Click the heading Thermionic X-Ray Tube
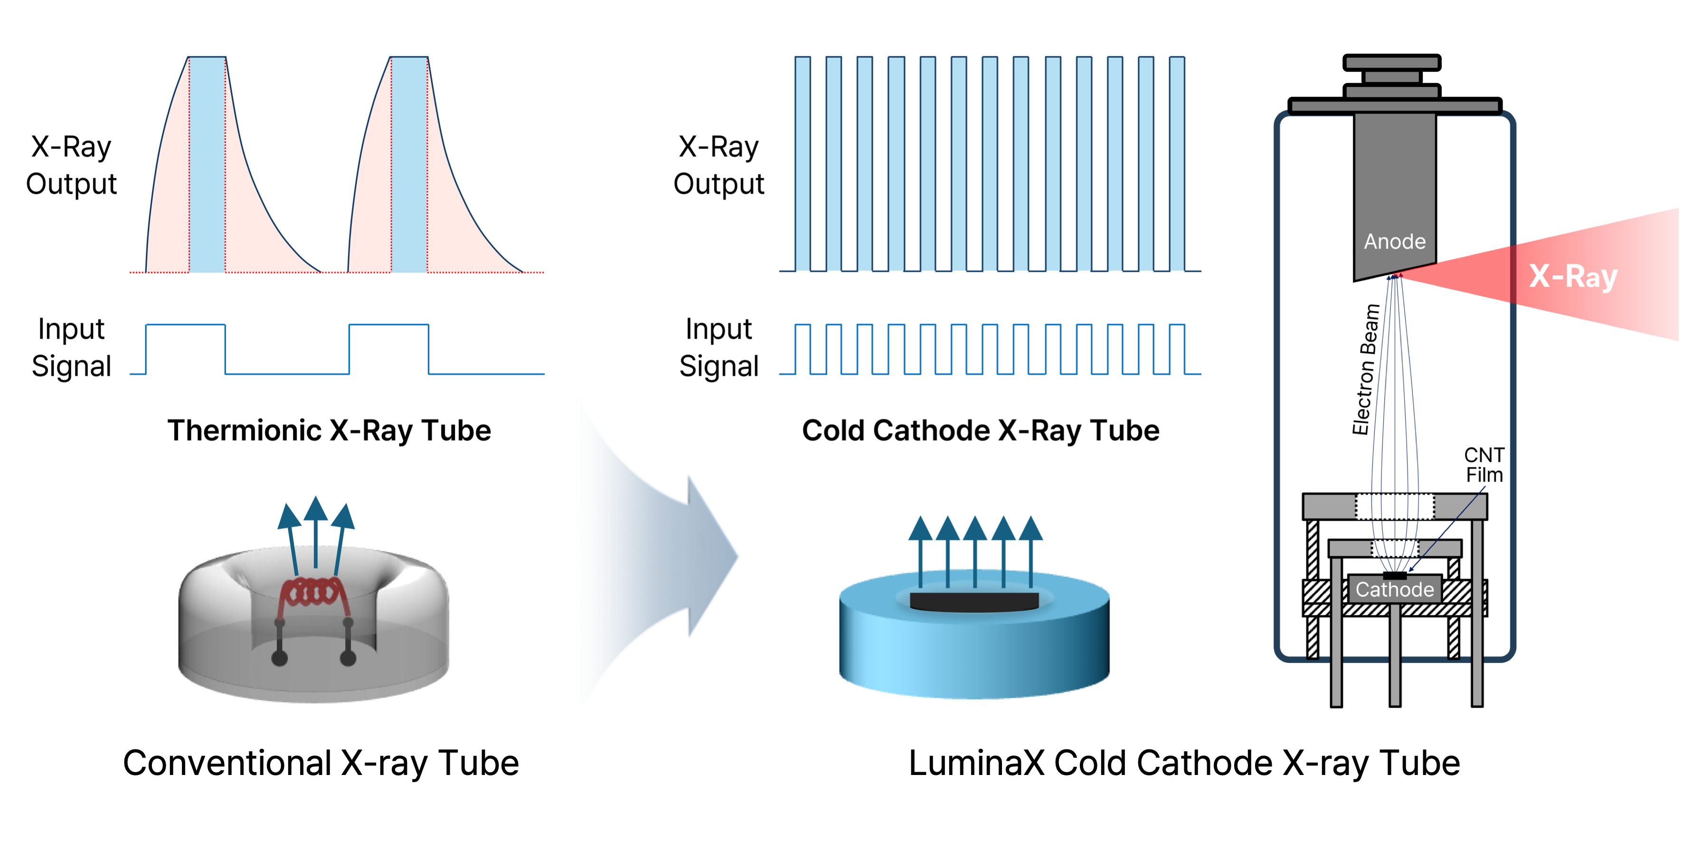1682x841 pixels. [x=329, y=431]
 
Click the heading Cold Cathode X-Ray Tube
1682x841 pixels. [x=981, y=431]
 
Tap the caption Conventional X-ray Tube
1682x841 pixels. [x=321, y=763]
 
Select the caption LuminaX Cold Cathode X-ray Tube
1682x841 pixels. [x=1184, y=763]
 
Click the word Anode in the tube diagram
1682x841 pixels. [x=1395, y=242]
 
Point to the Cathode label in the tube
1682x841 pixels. [x=1395, y=590]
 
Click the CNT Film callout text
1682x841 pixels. [x=1484, y=465]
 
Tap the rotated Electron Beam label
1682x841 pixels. [x=1366, y=369]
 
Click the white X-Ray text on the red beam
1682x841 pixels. [x=1573, y=276]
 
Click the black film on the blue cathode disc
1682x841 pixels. [x=974, y=601]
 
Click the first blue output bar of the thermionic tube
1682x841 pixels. [x=207, y=163]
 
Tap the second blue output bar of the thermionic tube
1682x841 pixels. [x=409, y=163]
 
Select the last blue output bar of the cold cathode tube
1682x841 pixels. [x=1177, y=163]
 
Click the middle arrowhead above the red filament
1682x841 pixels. [x=316, y=508]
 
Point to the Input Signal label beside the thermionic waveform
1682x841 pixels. [x=71, y=348]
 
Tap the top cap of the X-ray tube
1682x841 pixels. [x=1391, y=63]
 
